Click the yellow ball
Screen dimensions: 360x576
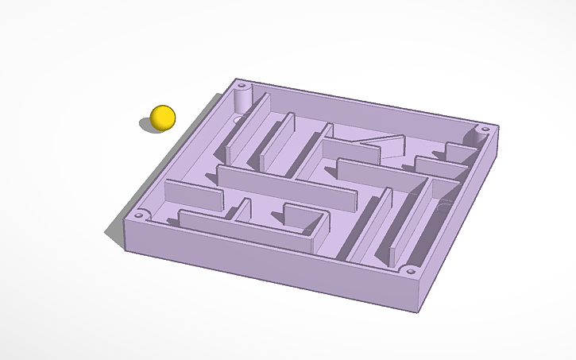(x=163, y=117)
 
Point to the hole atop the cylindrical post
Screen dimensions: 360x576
(x=242, y=83)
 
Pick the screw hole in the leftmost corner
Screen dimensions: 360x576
(x=141, y=214)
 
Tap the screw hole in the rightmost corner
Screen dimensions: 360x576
(x=483, y=128)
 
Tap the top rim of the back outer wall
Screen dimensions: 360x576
(x=365, y=102)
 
